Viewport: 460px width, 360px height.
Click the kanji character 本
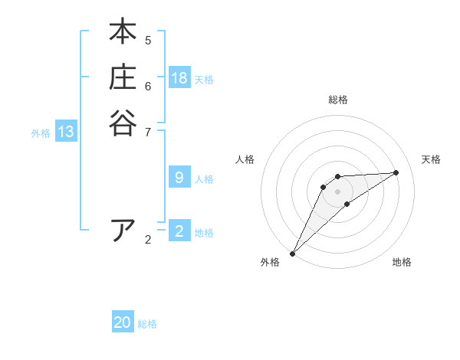point(123,32)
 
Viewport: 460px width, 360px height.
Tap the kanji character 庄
point(123,77)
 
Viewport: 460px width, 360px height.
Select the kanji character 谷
point(123,123)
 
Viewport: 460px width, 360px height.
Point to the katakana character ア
point(123,230)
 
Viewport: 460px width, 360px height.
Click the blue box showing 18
point(179,78)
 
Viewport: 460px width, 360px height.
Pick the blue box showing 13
point(66,133)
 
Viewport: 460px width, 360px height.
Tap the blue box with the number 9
point(179,178)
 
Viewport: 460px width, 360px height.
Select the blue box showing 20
point(123,322)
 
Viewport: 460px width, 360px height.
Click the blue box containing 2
point(179,231)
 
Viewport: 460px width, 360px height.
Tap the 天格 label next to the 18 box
point(204,79)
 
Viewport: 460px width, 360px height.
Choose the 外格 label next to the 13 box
point(41,133)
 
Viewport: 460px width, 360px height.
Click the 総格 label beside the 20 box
point(147,323)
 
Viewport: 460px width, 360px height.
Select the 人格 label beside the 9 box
point(204,178)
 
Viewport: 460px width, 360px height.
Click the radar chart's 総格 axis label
point(338,100)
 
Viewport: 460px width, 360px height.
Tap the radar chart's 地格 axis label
point(402,262)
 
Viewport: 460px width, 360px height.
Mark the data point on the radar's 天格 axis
point(396,172)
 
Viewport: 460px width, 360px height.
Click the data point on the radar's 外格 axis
point(292,253)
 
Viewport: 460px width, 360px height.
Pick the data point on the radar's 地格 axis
point(347,204)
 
